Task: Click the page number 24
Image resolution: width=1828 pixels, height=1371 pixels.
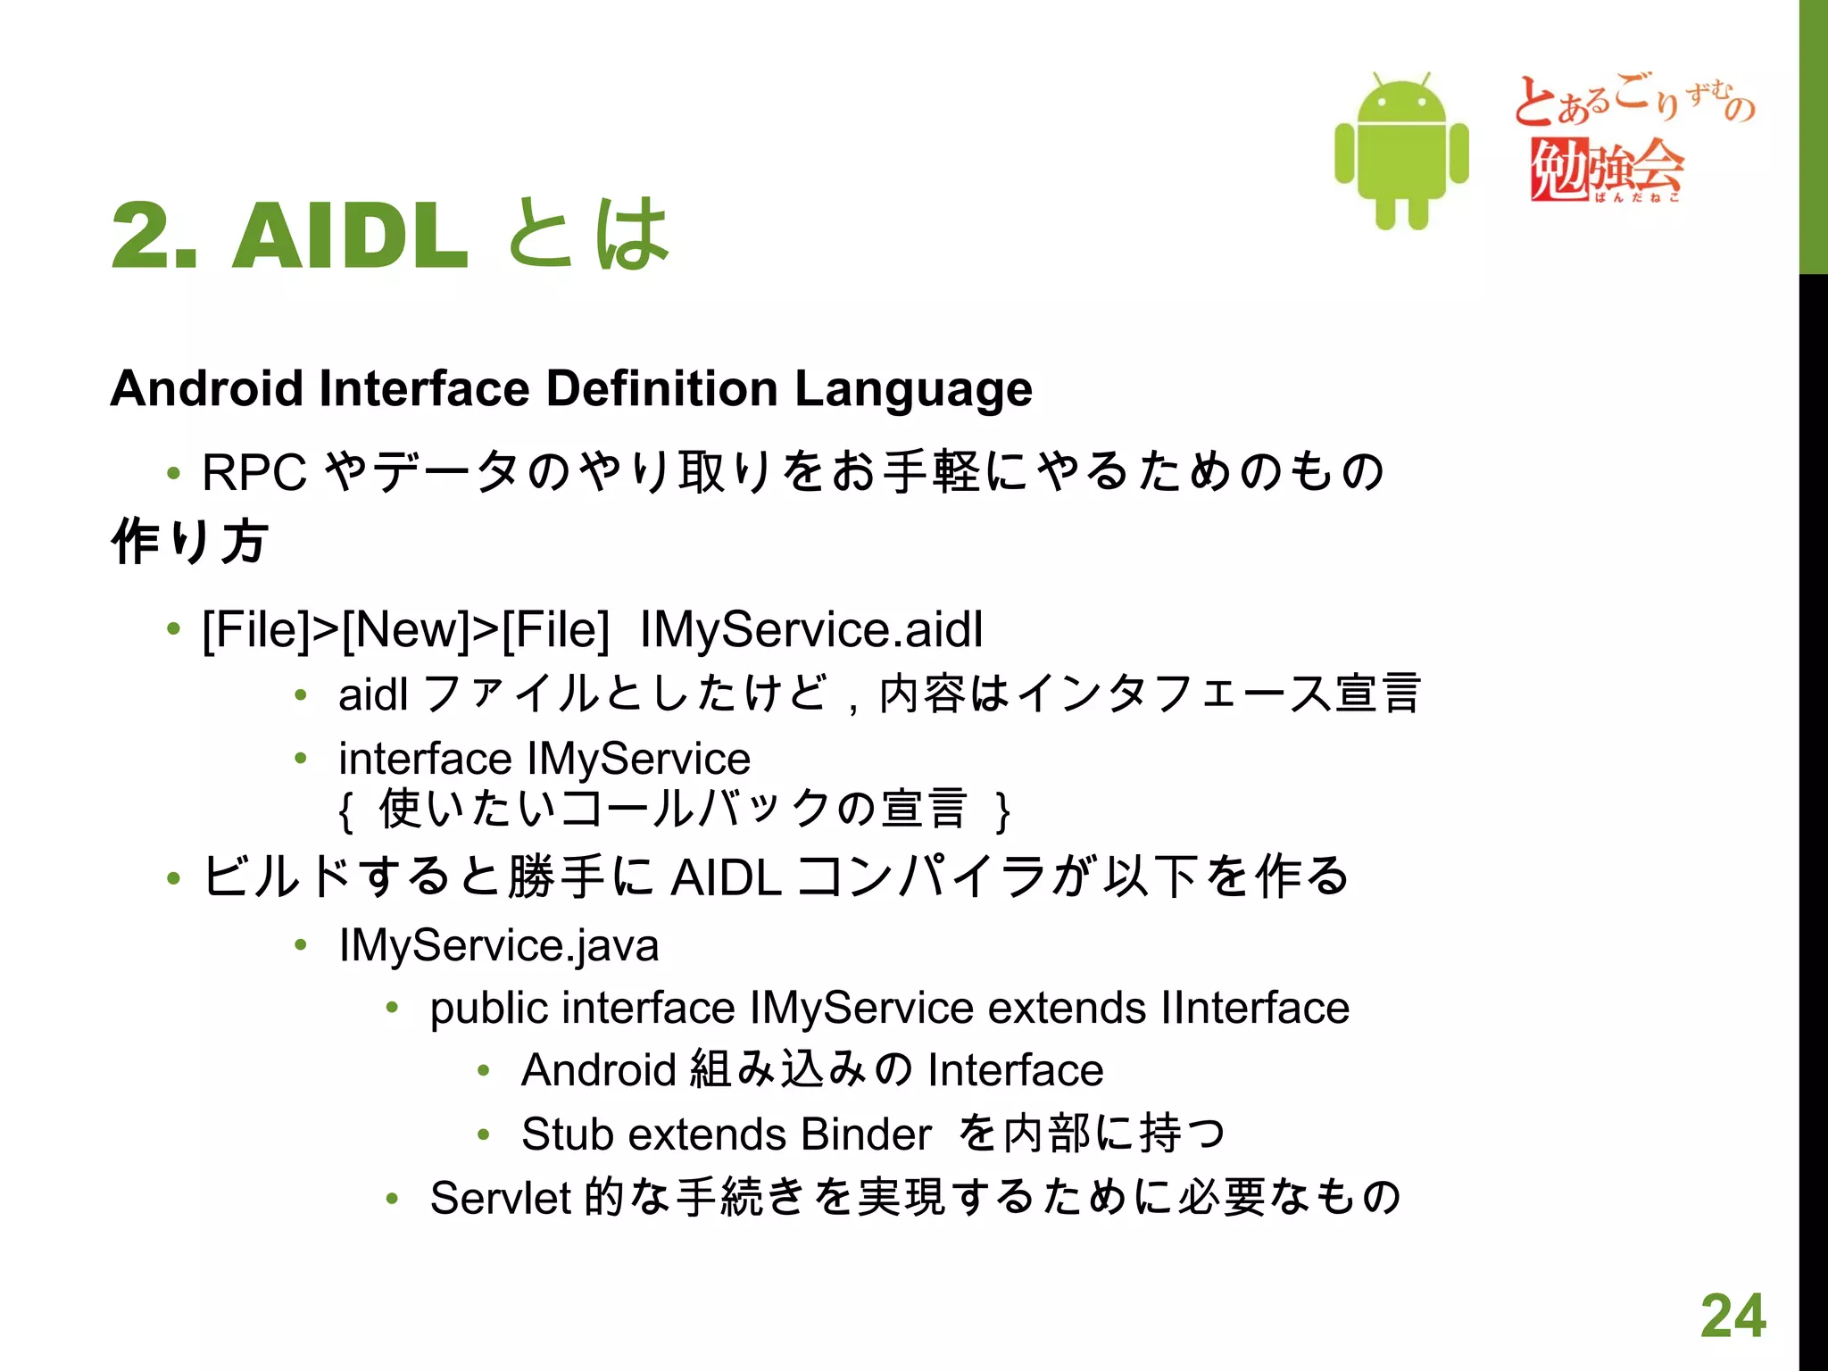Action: tap(1732, 1316)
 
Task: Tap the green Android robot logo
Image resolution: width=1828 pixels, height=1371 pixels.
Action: tap(1401, 152)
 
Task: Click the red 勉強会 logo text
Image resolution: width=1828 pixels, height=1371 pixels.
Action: tap(1607, 168)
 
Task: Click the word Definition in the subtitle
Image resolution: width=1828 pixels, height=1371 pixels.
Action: tap(661, 389)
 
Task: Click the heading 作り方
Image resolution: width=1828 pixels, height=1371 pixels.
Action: tap(189, 541)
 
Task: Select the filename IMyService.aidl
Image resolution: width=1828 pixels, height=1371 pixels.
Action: tap(811, 629)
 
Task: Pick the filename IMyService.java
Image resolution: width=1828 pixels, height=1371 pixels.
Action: tap(499, 945)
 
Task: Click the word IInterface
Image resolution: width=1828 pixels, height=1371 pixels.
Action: tap(1255, 1008)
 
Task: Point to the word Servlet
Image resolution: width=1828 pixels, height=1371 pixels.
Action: tap(500, 1197)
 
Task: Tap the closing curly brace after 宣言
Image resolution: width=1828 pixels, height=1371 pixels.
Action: tap(1003, 810)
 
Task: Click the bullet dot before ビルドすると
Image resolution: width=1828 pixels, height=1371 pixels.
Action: tap(173, 878)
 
